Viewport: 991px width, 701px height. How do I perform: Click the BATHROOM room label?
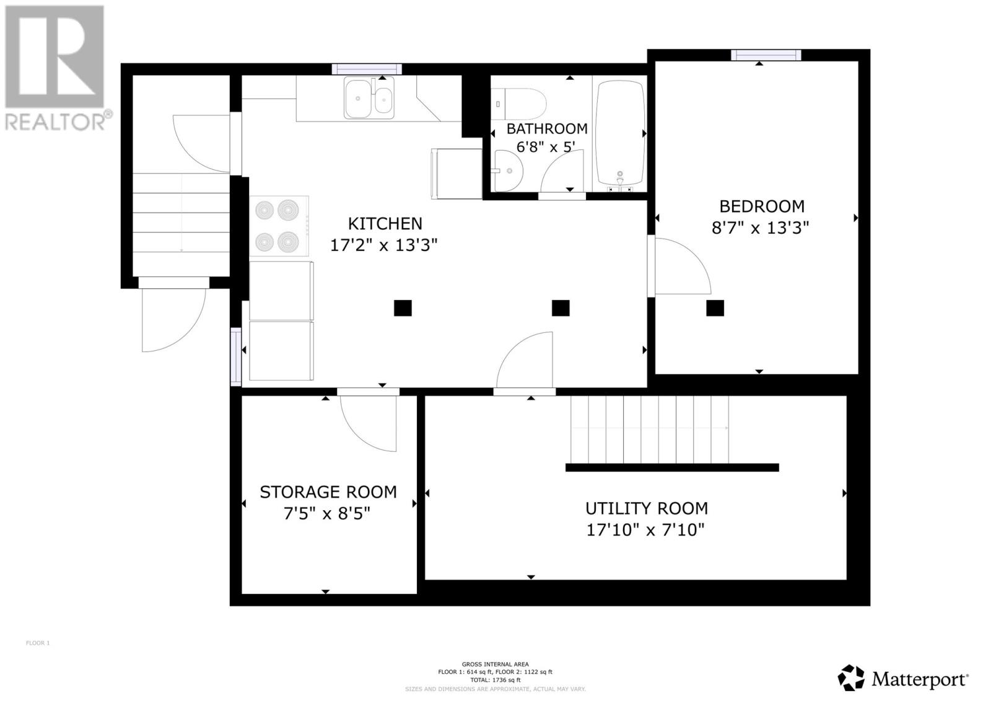546,129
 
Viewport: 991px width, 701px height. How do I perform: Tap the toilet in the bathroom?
519,104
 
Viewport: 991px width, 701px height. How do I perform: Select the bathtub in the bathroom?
619,135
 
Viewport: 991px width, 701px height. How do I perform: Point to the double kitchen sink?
369,98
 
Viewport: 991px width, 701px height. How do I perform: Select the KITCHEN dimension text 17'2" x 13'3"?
384,245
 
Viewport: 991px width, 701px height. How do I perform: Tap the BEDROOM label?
761,206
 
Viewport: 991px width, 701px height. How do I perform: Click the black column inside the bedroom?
715,308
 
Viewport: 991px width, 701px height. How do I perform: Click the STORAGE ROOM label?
328,492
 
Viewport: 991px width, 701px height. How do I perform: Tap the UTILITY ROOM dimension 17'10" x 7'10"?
645,530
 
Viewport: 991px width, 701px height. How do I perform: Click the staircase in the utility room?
649,429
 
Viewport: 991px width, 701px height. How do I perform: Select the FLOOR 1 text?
38,643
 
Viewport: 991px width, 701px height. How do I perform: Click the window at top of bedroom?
766,55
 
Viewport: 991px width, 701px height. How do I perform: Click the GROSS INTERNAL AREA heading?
495,664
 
